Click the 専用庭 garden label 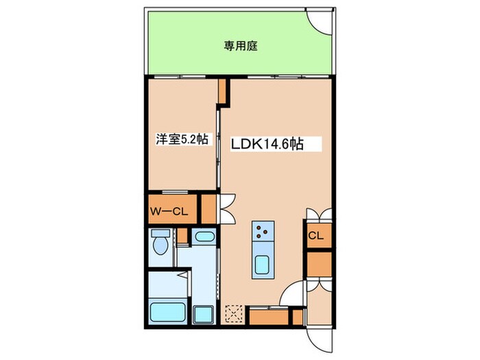[240, 47]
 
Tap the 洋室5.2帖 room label [182, 139]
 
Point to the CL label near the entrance [315, 237]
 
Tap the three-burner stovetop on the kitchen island [261, 233]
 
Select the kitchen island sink [261, 264]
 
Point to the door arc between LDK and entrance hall [291, 295]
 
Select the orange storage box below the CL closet [319, 264]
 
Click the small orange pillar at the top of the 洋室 [222, 92]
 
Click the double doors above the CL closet [319, 215]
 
